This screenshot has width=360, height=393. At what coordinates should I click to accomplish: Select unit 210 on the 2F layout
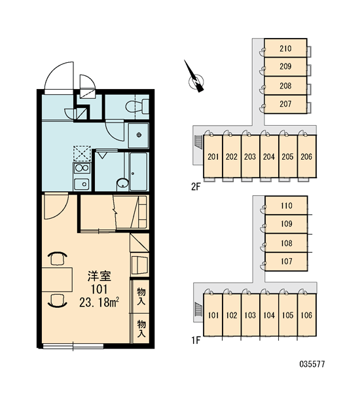(x=285, y=48)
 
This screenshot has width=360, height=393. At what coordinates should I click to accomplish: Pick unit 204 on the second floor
(x=269, y=157)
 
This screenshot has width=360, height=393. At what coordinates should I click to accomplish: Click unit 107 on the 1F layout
(x=286, y=261)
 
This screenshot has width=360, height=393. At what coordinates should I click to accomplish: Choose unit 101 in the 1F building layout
(x=213, y=315)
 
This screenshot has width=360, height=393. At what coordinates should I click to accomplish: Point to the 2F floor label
(x=196, y=187)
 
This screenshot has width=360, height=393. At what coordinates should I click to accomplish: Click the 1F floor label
(x=196, y=340)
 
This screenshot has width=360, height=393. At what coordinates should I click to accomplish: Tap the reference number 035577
(x=312, y=364)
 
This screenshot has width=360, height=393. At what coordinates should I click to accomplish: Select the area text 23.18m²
(x=99, y=303)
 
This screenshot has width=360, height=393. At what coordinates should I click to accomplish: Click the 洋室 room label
(x=99, y=276)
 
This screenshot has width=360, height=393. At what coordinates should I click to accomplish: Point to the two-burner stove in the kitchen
(x=82, y=168)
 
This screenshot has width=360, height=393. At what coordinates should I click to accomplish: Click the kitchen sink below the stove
(x=81, y=184)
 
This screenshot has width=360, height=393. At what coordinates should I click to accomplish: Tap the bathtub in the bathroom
(x=139, y=171)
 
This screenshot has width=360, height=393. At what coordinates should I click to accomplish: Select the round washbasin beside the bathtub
(x=123, y=183)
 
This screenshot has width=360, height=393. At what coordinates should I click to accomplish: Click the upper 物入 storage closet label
(x=141, y=296)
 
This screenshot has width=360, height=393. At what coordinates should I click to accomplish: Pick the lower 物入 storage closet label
(x=141, y=329)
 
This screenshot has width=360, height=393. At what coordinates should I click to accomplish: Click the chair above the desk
(x=58, y=259)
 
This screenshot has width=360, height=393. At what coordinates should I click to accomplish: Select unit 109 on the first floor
(x=286, y=223)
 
